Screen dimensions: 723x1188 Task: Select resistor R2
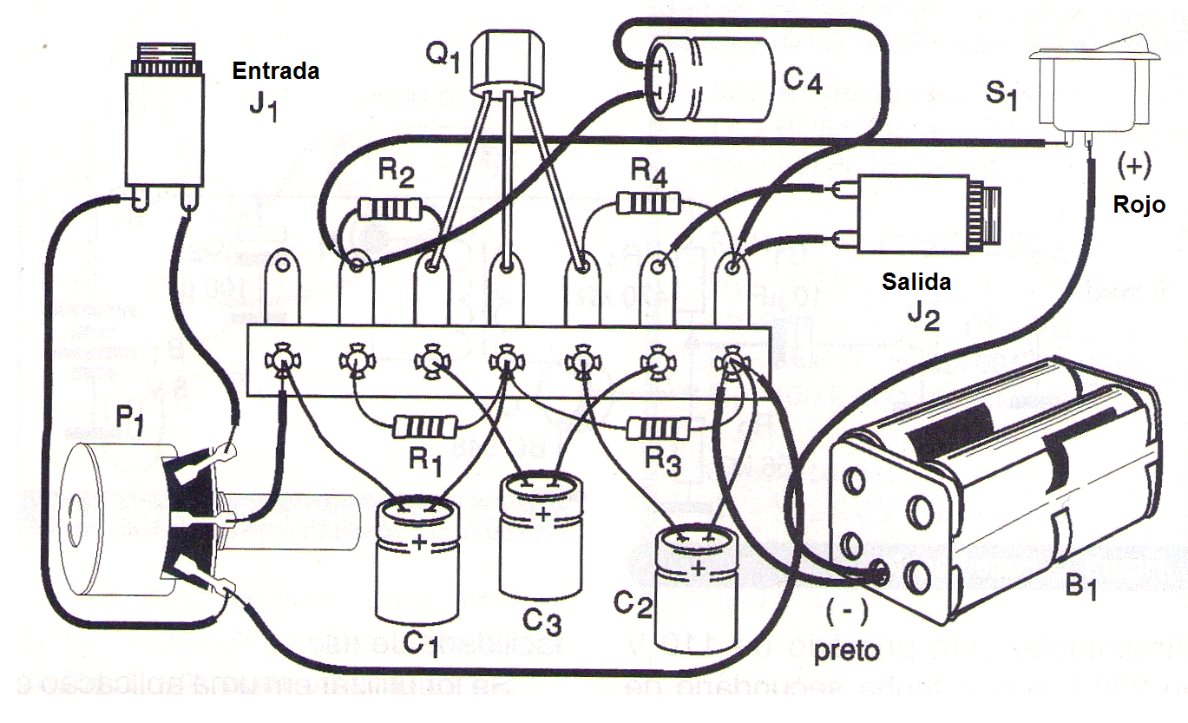[390, 208]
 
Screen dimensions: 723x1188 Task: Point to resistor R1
[424, 426]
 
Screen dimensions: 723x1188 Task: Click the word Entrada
[275, 71]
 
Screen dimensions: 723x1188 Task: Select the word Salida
[916, 282]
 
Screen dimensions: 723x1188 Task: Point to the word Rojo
[1139, 206]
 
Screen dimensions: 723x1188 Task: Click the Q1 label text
[442, 57]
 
